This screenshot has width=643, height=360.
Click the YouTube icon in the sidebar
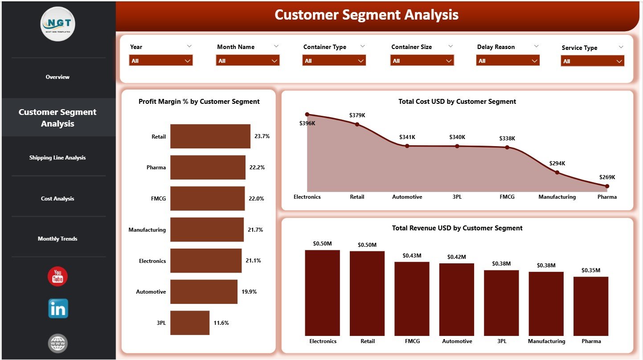click(57, 276)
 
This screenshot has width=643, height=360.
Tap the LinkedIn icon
click(58, 308)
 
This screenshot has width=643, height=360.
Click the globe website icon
click(58, 343)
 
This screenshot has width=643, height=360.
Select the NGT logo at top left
click(58, 24)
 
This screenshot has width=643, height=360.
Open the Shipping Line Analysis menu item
click(57, 158)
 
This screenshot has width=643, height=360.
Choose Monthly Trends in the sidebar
click(57, 239)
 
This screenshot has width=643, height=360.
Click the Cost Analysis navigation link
click(57, 199)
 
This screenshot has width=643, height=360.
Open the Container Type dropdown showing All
click(334, 61)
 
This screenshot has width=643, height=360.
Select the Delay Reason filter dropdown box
click(508, 61)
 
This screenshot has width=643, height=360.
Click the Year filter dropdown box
click(160, 61)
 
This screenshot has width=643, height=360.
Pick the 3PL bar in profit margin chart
click(190, 323)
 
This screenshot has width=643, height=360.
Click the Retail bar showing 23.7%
click(210, 136)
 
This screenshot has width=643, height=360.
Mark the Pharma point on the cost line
click(607, 186)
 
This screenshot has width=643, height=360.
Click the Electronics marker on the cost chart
click(307, 115)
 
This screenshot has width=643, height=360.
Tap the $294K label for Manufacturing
click(557, 164)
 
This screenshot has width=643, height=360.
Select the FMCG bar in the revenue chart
click(412, 299)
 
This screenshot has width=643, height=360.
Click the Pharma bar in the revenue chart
click(591, 306)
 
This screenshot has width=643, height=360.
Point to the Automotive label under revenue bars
click(457, 341)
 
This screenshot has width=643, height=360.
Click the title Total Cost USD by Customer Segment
click(457, 102)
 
